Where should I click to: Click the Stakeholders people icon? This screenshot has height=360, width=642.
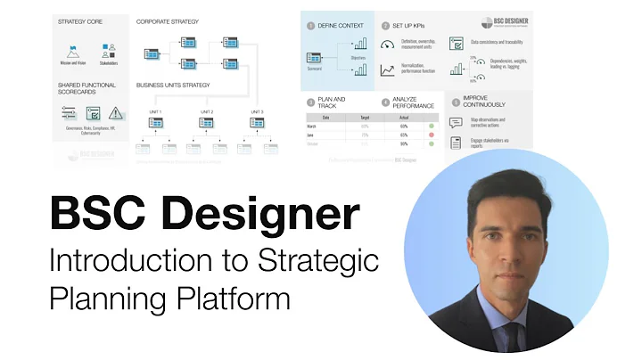tap(109, 51)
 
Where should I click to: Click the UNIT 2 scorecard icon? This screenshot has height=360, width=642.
tap(206, 122)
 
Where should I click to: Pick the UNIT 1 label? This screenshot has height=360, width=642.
tap(155, 111)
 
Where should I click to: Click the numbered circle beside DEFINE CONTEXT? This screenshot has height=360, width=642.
tap(311, 26)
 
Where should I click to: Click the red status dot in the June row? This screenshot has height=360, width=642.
tap(431, 134)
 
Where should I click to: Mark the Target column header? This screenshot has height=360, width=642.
tap(365, 117)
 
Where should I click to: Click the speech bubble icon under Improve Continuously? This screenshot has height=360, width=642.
tap(456, 123)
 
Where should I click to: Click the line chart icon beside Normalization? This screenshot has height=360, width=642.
tap(387, 70)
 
